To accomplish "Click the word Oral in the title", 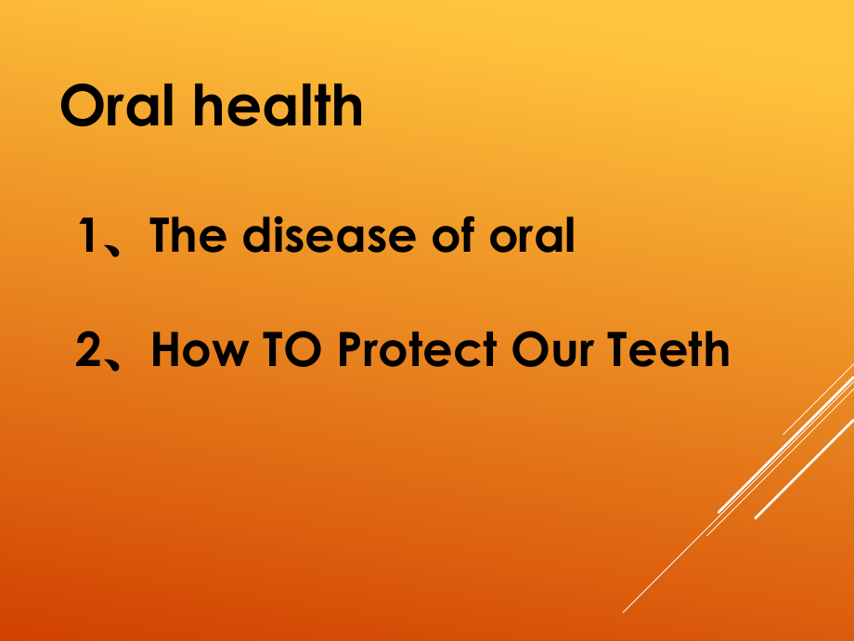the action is (117, 105).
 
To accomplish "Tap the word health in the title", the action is (278, 105).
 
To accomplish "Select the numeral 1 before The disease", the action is (88, 235).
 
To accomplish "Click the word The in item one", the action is (188, 235).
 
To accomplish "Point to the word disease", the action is (330, 235).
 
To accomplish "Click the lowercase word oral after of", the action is (532, 235).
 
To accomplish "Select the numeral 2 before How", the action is (88, 349).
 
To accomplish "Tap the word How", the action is (200, 349).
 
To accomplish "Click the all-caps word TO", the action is (291, 349).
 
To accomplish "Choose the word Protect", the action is (417, 349).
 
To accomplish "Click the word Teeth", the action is (668, 349).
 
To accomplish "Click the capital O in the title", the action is (83, 105).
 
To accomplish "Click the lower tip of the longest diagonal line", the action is (624, 612).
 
